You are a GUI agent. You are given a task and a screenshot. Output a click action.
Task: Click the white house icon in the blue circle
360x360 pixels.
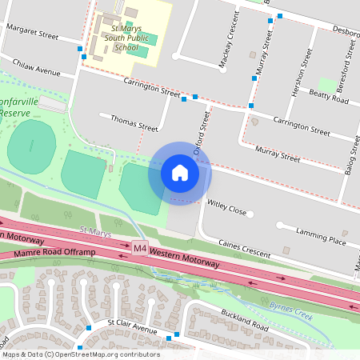(x=179, y=173)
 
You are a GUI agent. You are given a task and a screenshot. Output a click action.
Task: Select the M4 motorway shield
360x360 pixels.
(x=141, y=248)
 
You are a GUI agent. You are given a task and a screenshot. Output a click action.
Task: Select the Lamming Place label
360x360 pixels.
(x=320, y=237)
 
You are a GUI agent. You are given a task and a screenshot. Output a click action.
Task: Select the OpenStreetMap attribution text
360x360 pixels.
(x=81, y=354)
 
